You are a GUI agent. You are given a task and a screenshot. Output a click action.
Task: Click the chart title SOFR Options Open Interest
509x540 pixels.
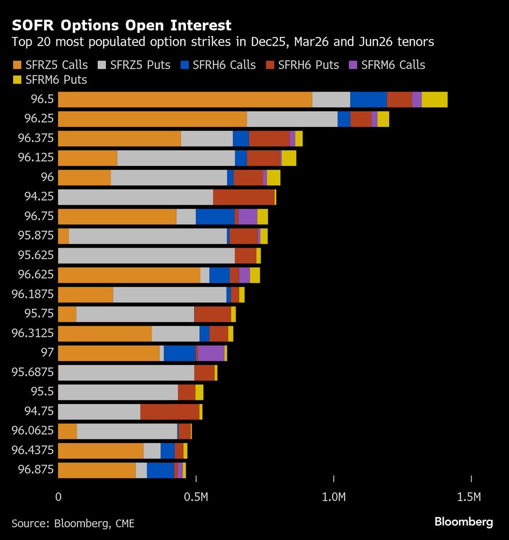[x=122, y=25]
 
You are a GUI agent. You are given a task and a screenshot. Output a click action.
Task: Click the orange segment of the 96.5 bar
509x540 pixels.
[x=185, y=100]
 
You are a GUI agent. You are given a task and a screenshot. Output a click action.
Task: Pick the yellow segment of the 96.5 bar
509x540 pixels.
[x=434, y=100]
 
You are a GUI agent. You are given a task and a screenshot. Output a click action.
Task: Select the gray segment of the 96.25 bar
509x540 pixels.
[x=292, y=119]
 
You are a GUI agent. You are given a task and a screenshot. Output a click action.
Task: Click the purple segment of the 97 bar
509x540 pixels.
[x=211, y=353]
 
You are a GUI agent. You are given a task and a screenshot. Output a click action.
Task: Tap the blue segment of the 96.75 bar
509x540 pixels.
[x=215, y=216]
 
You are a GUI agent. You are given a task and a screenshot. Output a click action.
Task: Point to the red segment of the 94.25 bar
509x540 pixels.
[x=243, y=197]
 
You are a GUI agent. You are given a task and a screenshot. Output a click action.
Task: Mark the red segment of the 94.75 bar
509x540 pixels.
[x=169, y=411]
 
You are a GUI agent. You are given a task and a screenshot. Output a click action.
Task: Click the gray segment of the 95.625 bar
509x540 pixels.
[x=146, y=255]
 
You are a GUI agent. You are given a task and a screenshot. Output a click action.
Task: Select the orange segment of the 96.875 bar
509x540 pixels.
[x=97, y=470]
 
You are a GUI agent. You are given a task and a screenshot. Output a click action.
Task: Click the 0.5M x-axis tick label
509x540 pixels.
[x=196, y=497]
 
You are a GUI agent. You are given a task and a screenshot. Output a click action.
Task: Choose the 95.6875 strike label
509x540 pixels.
[x=33, y=372]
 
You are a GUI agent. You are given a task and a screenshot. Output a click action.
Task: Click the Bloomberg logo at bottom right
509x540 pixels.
[x=463, y=522]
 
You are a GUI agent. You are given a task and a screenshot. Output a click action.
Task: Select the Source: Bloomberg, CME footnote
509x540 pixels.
[x=73, y=523]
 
